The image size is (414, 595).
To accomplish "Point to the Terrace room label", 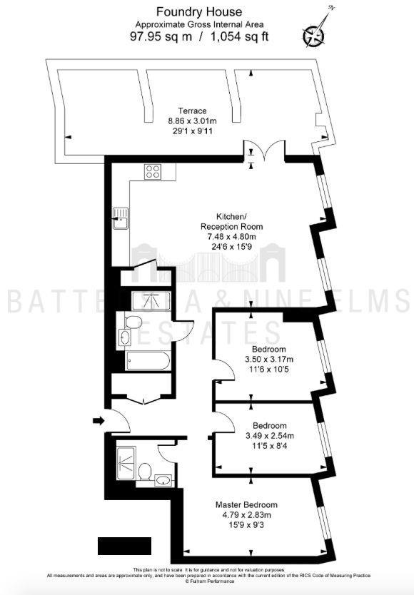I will coord(192,111).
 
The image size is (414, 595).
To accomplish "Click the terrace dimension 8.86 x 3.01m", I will coord(192,121).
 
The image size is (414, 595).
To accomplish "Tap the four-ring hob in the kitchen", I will coord(153,171).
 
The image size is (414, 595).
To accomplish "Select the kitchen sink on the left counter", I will coord(121,218).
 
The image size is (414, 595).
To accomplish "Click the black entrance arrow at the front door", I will coord(98,421).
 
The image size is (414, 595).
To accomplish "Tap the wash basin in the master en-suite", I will coord(163,479).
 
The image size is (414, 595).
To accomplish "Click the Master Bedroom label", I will coord(246,505).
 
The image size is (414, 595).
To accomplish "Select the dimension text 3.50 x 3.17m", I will coord(264,359).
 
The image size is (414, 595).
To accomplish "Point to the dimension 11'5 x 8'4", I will coord(264,445).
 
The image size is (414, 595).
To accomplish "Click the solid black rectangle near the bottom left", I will coord(124,546).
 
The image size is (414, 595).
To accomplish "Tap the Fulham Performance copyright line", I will coord(207,582).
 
